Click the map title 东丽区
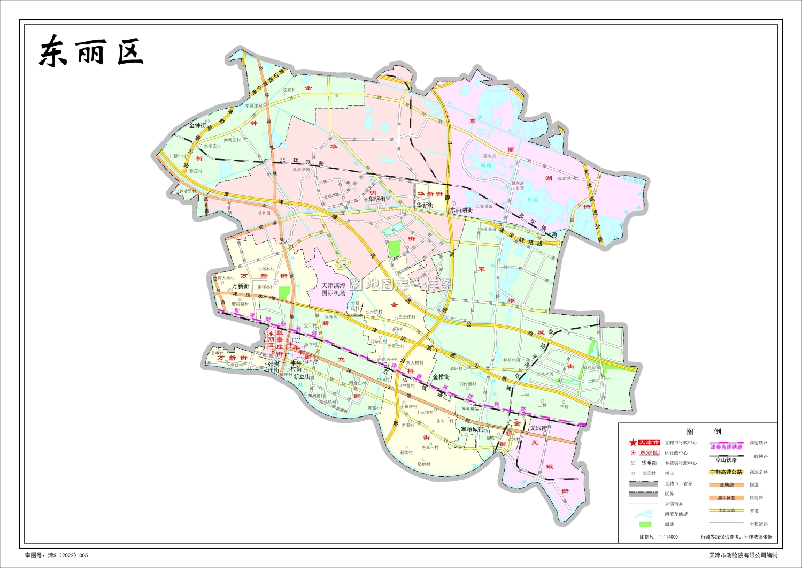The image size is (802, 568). (91, 52)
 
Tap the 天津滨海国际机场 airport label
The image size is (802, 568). (334, 289)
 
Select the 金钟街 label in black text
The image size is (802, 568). (197, 126)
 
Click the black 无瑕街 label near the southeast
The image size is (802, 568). (538, 428)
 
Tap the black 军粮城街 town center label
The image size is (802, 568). (472, 429)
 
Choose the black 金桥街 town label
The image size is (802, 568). (441, 377)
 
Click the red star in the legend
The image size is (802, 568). (633, 443)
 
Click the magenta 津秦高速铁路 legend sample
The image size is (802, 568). (726, 446)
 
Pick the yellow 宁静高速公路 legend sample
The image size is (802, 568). (726, 472)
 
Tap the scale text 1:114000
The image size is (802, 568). (668, 536)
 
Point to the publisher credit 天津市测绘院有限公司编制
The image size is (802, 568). (743, 556)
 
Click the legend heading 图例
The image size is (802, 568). (704, 431)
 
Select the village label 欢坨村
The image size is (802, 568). (289, 90)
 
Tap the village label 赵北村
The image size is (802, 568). (406, 452)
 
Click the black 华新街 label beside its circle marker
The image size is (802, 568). (425, 205)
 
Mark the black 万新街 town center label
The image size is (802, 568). (241, 286)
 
